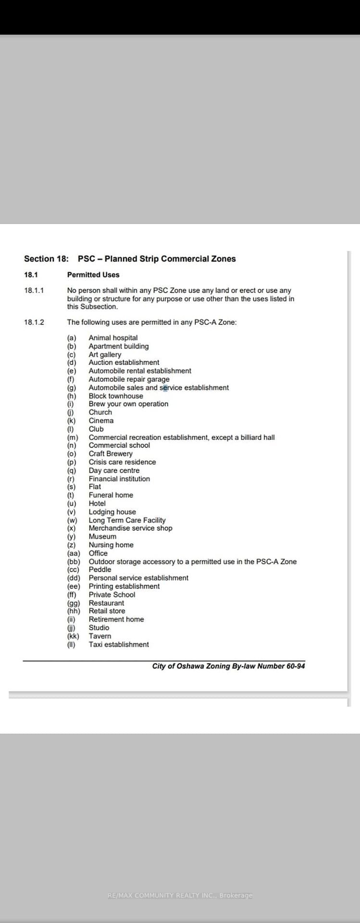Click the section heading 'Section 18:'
pyautogui.click(x=46, y=259)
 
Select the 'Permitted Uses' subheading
pyautogui.click(x=93, y=275)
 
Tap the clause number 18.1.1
pyautogui.click(x=34, y=290)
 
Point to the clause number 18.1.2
pyautogui.click(x=34, y=322)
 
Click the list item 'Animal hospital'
pyautogui.click(x=113, y=338)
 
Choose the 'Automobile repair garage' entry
pyautogui.click(x=129, y=379)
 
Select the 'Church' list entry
pyautogui.click(x=100, y=412)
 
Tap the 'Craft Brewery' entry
pyautogui.click(x=111, y=454)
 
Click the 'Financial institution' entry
pyautogui.click(x=119, y=479)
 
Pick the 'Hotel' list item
pyautogui.click(x=97, y=503)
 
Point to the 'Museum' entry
pyautogui.click(x=102, y=536)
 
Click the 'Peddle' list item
pyautogui.click(x=100, y=570)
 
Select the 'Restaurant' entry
pyautogui.click(x=106, y=603)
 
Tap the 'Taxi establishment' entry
pyautogui.click(x=119, y=645)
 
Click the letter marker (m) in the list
pyautogui.click(x=73, y=437)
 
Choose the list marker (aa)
pyautogui.click(x=74, y=553)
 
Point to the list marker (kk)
pyautogui.click(x=73, y=636)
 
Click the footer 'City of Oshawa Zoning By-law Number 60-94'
pyautogui.click(x=228, y=666)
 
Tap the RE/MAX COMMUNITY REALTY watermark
pyautogui.click(x=180, y=896)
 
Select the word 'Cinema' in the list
pyautogui.click(x=101, y=421)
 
